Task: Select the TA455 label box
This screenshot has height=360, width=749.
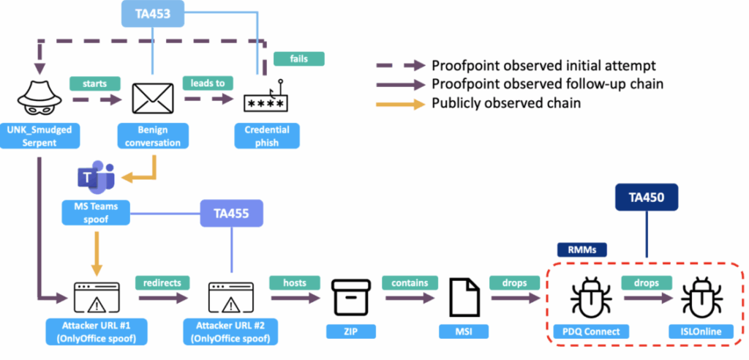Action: [x=231, y=214]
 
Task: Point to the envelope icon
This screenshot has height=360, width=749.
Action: [x=151, y=98]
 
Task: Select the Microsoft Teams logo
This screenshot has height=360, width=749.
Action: [x=95, y=178]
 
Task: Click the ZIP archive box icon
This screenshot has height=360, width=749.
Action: [x=345, y=296]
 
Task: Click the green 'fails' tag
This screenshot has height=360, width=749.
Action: [x=298, y=58]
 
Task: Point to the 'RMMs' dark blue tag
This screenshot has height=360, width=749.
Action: [x=578, y=249]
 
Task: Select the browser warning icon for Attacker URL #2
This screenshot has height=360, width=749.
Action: [x=231, y=296]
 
